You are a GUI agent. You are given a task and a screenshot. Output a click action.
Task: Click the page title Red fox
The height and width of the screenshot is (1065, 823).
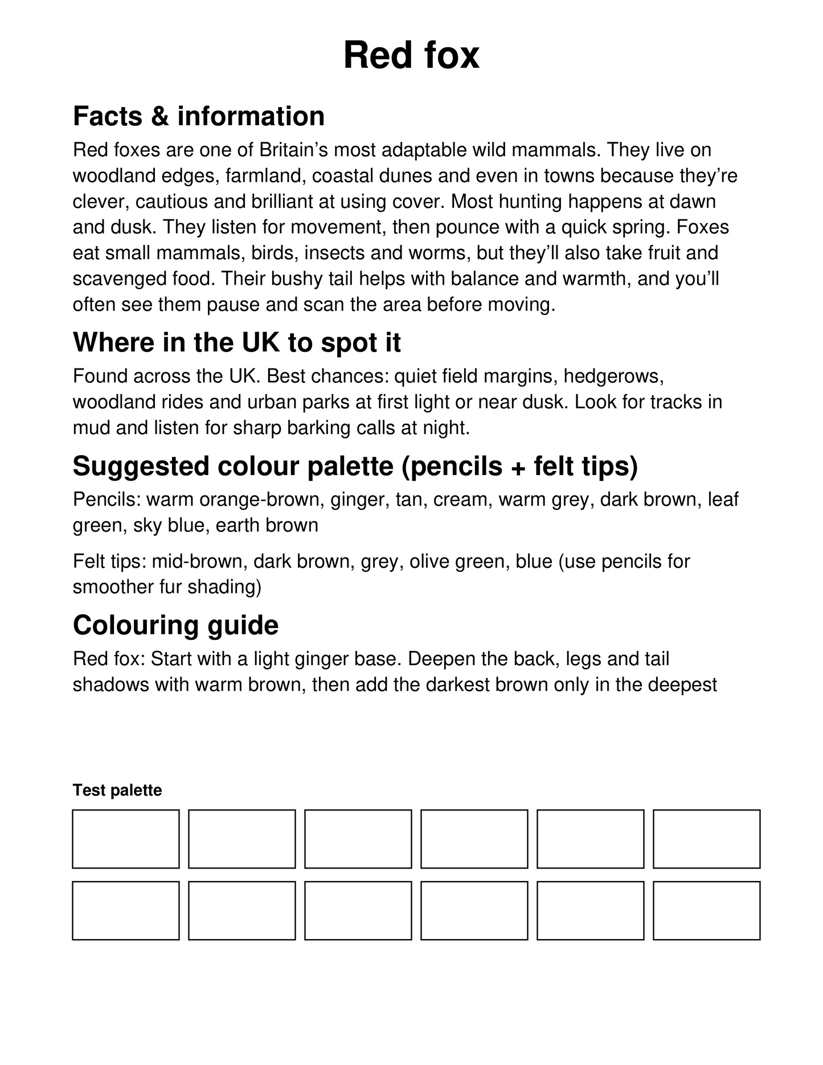411,55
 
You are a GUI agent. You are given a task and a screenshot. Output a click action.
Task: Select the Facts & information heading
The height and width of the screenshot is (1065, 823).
199,116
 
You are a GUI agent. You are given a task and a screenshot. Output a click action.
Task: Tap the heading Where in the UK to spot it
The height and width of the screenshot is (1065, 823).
237,342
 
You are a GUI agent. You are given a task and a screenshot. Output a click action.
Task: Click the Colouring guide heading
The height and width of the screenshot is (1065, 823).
175,625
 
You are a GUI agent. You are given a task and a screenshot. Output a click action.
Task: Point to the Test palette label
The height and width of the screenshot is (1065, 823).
117,790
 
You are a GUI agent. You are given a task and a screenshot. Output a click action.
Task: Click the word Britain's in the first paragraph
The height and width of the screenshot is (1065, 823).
293,150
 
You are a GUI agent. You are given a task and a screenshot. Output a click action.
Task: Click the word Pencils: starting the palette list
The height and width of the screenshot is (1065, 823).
107,499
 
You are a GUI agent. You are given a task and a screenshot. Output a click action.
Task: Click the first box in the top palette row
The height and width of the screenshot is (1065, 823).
126,839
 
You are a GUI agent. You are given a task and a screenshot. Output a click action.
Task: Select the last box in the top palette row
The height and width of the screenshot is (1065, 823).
706,839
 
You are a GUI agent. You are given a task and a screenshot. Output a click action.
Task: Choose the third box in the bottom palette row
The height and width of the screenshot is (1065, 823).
358,911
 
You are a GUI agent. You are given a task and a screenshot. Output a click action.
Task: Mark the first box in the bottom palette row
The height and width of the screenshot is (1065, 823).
126,911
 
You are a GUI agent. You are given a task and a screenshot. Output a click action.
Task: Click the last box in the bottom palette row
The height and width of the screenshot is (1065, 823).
706,911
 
